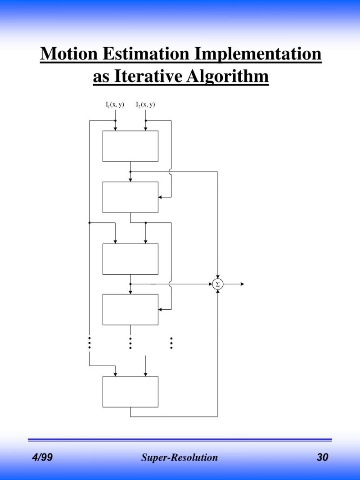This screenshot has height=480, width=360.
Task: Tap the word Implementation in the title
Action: (258, 54)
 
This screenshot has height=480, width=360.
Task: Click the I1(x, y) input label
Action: (115, 105)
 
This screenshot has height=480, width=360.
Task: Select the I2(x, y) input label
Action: (145, 105)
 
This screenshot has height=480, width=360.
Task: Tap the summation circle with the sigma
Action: (218, 284)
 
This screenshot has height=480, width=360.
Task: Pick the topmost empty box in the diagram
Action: (130, 146)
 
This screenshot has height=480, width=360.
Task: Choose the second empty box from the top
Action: (130, 197)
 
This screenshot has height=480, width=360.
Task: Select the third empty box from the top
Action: (130, 259)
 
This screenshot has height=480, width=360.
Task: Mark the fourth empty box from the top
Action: (130, 309)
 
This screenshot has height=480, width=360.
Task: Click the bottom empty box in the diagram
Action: (130, 392)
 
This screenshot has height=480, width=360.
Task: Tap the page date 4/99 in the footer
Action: (42, 458)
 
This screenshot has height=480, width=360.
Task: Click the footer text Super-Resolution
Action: (180, 458)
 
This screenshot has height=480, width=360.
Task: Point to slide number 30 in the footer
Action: (322, 458)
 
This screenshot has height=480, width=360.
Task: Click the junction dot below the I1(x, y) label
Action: (115, 121)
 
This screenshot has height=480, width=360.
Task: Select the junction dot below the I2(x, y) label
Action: (145, 121)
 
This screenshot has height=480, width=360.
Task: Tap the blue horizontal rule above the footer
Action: (180, 439)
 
